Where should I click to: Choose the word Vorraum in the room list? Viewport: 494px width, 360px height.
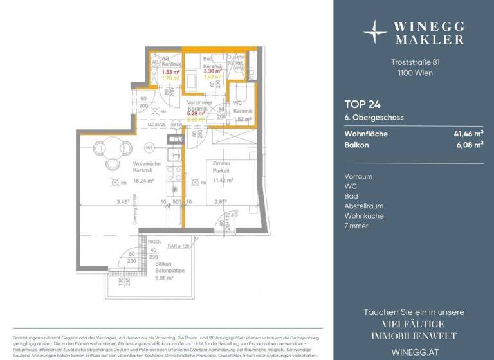(x=358, y=175)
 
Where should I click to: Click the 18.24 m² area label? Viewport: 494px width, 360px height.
(x=142, y=181)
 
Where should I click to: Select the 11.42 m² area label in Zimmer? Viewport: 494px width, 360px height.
(x=221, y=181)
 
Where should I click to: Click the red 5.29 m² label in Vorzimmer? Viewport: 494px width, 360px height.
(x=196, y=113)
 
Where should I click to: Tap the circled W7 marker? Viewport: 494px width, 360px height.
(x=149, y=147)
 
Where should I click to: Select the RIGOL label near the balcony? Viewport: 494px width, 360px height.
(x=154, y=242)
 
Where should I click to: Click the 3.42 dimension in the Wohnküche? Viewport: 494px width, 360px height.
(x=122, y=202)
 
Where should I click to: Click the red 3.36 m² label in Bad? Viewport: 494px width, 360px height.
(x=212, y=72)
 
